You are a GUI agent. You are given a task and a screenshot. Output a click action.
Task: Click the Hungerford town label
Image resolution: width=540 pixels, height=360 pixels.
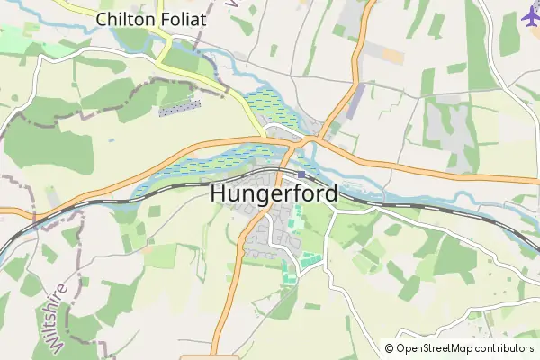pos(274,193)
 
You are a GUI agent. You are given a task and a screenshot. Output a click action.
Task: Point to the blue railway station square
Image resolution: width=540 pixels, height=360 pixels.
pos(301,175)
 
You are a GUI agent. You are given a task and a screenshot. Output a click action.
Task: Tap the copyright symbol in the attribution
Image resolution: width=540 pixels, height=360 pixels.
pos(389,347)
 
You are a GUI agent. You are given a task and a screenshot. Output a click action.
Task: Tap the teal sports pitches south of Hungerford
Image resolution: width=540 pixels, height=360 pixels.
pos(308,260)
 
